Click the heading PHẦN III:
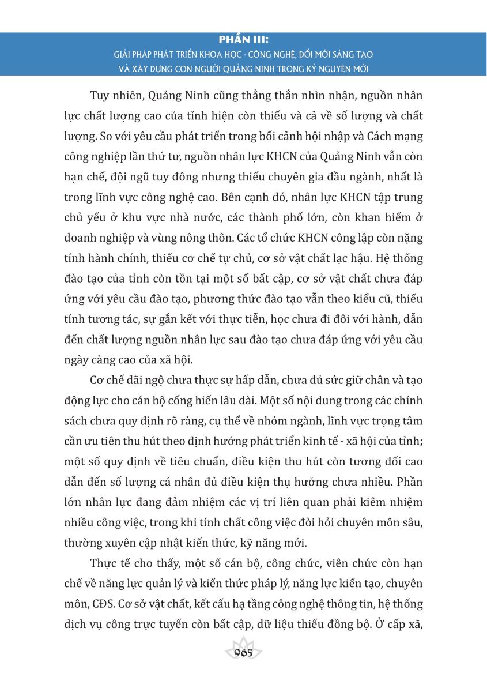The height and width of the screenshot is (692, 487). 244,41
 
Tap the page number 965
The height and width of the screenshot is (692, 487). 244,653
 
